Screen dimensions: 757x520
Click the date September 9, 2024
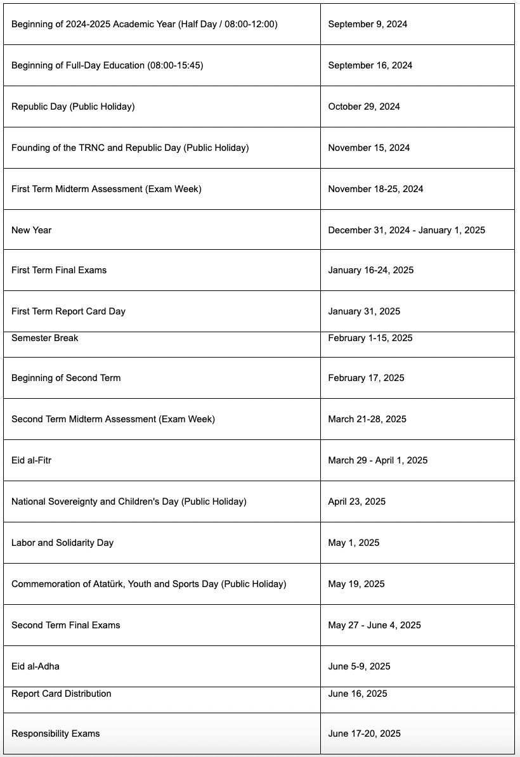click(x=368, y=24)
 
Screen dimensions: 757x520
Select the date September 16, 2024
click(x=370, y=65)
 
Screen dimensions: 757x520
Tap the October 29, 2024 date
click(x=364, y=107)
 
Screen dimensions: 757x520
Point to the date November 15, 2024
click(x=369, y=148)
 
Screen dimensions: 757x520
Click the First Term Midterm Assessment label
click(x=107, y=189)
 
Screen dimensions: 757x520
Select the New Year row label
click(x=32, y=230)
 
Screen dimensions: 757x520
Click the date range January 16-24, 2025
click(x=371, y=270)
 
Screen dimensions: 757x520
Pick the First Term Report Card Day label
click(x=68, y=311)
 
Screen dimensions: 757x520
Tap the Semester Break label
click(x=45, y=338)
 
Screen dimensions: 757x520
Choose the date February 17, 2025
click(x=366, y=378)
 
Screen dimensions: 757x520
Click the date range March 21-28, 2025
click(x=367, y=419)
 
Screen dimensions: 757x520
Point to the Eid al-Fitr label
click(x=32, y=460)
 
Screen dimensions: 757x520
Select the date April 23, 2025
click(x=357, y=501)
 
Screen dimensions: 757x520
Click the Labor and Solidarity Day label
click(x=63, y=543)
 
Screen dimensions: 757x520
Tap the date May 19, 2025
click(x=356, y=584)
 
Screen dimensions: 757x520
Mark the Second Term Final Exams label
click(x=66, y=625)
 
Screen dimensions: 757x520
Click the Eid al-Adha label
click(x=36, y=666)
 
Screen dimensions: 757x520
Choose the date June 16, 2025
click(x=358, y=694)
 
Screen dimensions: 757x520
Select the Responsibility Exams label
click(x=56, y=734)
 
